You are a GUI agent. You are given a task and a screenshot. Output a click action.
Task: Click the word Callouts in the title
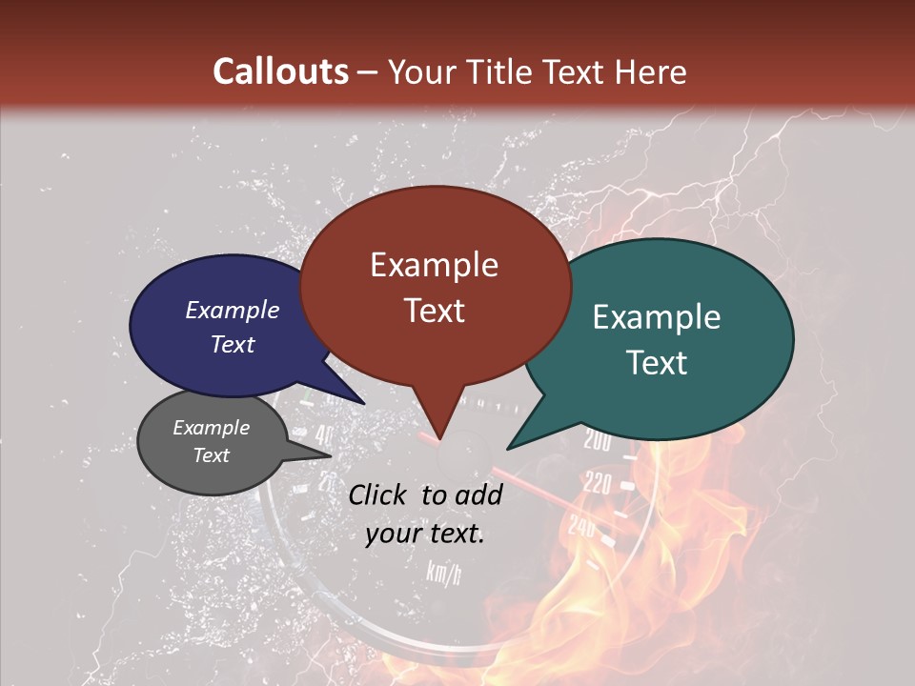(x=280, y=71)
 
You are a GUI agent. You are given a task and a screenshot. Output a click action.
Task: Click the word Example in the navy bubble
(x=233, y=310)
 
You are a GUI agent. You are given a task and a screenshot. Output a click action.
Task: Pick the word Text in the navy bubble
(x=233, y=344)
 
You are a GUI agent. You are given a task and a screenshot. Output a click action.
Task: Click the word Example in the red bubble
(x=434, y=265)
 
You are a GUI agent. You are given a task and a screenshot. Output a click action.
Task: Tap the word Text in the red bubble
(x=434, y=311)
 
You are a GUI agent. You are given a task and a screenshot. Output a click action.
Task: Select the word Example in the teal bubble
(x=657, y=317)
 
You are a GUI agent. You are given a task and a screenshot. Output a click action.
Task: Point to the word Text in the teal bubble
(x=658, y=363)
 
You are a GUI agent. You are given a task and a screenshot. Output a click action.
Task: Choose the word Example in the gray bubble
(x=211, y=428)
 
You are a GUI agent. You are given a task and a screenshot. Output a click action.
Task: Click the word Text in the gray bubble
(x=211, y=455)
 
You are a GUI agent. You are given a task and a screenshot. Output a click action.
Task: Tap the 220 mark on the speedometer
(x=598, y=484)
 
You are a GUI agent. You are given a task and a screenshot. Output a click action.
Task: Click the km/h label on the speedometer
(x=444, y=573)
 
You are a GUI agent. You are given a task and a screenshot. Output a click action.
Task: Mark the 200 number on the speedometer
(x=597, y=441)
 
